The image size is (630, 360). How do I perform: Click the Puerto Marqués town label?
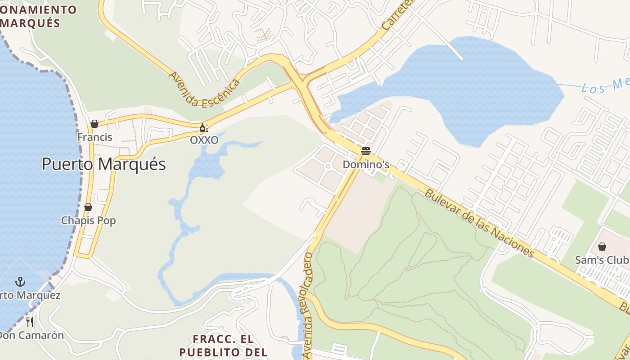pyautogui.click(x=104, y=164)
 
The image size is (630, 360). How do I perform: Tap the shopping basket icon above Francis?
pyautogui.click(x=94, y=124)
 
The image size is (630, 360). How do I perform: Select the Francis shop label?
pyautogui.click(x=94, y=137)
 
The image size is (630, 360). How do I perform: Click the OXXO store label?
pyautogui.click(x=204, y=140)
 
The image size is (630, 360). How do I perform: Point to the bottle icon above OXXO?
pyautogui.click(x=203, y=128)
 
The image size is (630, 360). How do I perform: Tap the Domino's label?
pyautogui.click(x=366, y=165)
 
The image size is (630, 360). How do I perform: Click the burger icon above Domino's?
pyautogui.click(x=365, y=151)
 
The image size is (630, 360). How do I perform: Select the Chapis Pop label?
pyautogui.click(x=88, y=220)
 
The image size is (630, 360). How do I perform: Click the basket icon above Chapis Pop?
pyautogui.click(x=88, y=207)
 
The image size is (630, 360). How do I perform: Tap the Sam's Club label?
pyautogui.click(x=602, y=260)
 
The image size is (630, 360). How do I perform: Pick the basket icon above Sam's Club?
pyautogui.click(x=602, y=247)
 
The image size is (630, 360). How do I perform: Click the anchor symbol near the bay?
pyautogui.click(x=20, y=282)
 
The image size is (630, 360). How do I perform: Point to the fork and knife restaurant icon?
pyautogui.click(x=30, y=322)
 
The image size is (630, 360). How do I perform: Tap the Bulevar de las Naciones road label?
pyautogui.click(x=480, y=223)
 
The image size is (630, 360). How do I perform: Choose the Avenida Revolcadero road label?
pyautogui.click(x=308, y=306)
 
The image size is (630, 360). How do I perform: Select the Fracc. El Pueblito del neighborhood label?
pyautogui.click(x=223, y=345)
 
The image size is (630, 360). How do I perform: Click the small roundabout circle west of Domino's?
pyautogui.click(x=328, y=166)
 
